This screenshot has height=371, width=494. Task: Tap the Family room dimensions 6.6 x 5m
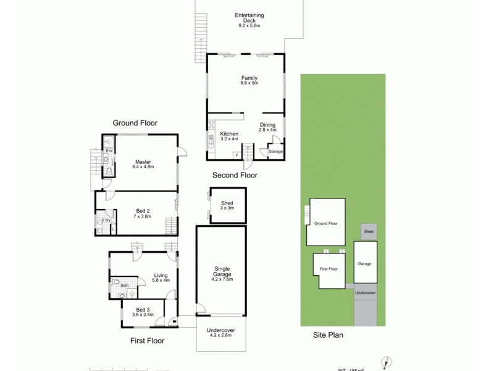pos(249,84)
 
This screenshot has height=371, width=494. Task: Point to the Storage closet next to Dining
pos(275,151)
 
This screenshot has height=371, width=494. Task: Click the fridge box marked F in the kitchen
pos(235,155)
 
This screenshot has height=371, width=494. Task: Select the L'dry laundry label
pos(106,220)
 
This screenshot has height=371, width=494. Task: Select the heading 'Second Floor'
pos(235,176)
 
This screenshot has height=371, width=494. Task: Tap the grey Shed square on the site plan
pos(369,231)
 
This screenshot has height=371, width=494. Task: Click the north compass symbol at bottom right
pos(386,362)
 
